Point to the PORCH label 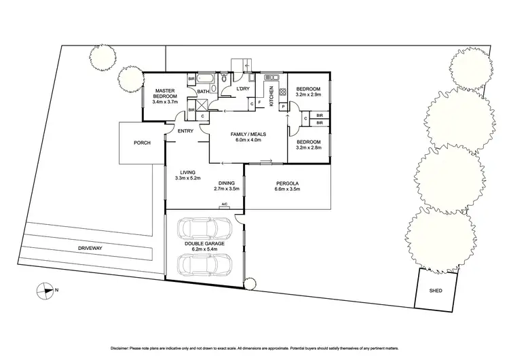pyautogui.click(x=142, y=143)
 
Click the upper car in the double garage pyautogui.click(x=203, y=230)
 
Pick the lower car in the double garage pyautogui.click(x=203, y=264)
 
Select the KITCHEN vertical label pyautogui.click(x=272, y=97)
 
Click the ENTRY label pyautogui.click(x=185, y=131)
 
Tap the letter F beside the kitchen pyautogui.click(x=260, y=103)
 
